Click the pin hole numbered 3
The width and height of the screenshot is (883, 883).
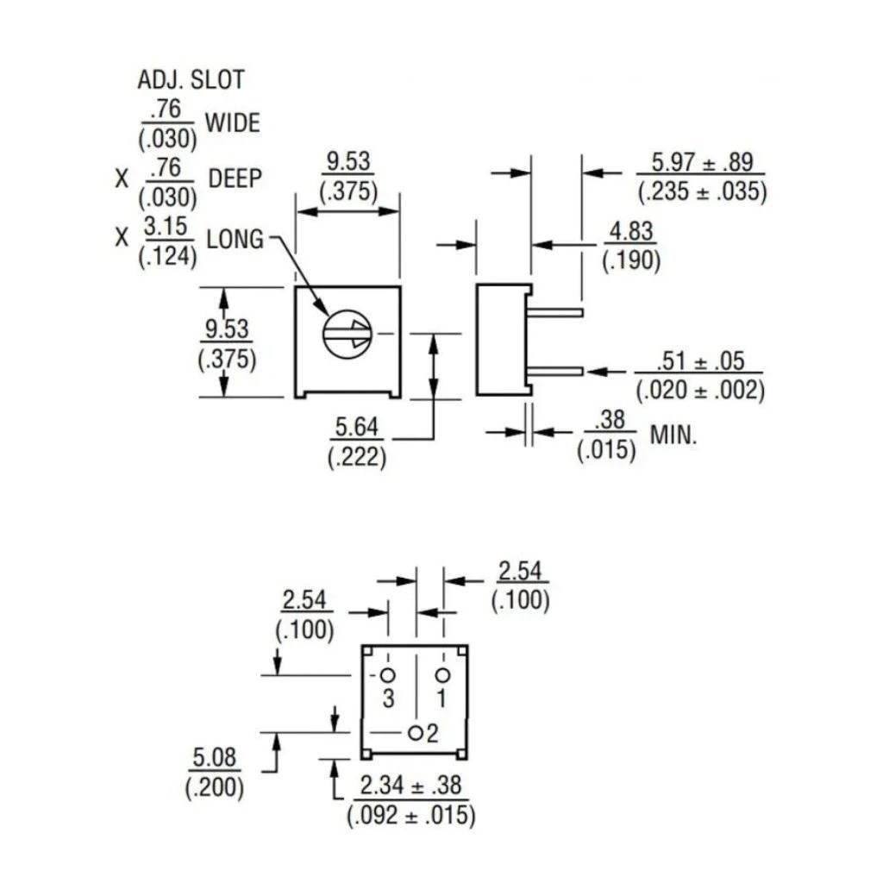coord(388,674)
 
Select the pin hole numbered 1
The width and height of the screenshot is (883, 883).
coord(442,674)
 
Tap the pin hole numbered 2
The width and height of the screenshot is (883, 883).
coord(416,733)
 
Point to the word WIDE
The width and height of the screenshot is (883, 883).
coord(232,122)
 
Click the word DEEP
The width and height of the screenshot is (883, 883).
coord(235,178)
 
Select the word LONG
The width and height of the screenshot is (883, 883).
coord(235,240)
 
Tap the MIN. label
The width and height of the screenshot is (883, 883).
coord(673,435)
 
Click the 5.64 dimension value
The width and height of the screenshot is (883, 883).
coord(356,427)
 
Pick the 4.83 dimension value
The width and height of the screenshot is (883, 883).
coord(631,231)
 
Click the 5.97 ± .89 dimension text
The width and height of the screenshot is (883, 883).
coord(702,162)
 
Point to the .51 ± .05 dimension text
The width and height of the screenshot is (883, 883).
coord(700,361)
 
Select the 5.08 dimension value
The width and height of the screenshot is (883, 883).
coord(214,757)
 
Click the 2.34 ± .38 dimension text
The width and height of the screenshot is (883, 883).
coord(411,785)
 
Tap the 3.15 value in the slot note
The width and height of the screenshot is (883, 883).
coord(166,227)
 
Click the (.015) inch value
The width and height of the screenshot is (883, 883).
coord(606,449)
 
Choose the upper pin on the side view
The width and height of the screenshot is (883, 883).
coord(556,312)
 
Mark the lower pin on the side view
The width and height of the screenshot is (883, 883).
coord(556,371)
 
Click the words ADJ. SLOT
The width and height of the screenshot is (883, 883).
coord(191,80)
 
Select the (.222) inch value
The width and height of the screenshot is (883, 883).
coord(357,457)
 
